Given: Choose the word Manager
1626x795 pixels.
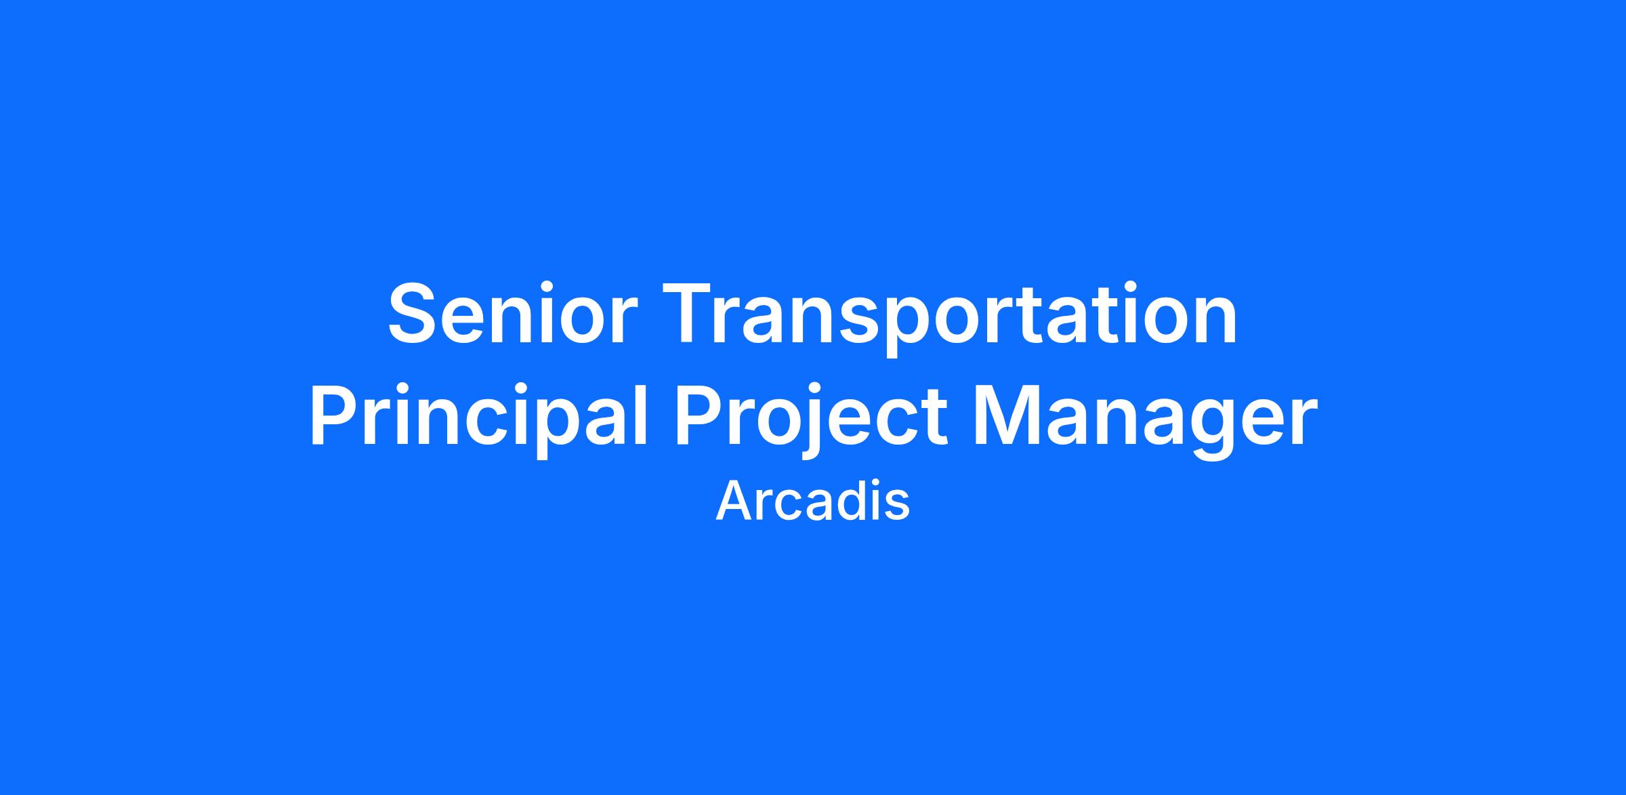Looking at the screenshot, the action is pyautogui.click(x=1145, y=420).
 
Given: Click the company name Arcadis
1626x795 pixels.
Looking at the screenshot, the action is pyautogui.click(x=812, y=502).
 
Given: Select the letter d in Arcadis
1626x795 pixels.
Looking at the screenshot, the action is pyautogui.click(x=846, y=500).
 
